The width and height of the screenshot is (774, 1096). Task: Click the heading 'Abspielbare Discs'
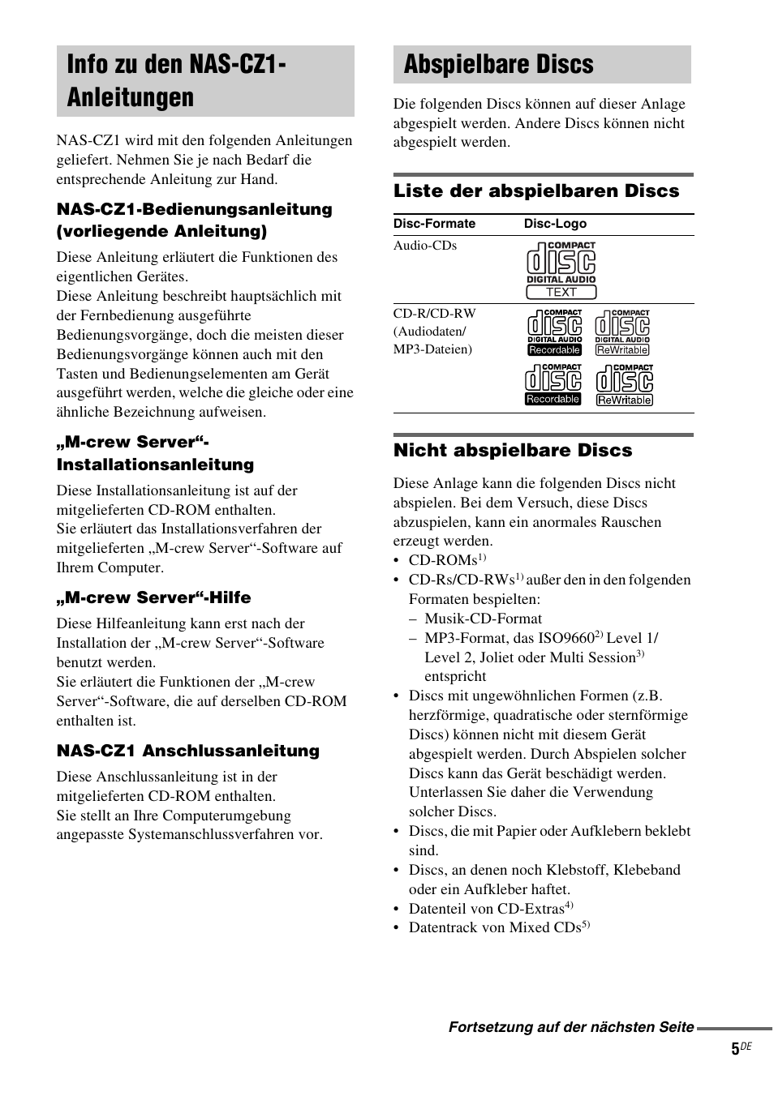point(498,65)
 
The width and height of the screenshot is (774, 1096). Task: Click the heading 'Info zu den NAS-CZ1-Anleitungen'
point(176,81)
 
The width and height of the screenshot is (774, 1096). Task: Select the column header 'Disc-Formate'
point(434,224)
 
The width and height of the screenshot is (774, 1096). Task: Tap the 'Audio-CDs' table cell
point(425,246)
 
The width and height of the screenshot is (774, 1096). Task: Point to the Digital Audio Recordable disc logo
point(554,332)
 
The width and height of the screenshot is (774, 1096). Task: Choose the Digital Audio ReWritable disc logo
point(622,332)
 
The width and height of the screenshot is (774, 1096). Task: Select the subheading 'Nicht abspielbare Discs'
point(512,450)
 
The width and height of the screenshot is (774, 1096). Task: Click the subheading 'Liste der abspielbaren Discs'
point(536,191)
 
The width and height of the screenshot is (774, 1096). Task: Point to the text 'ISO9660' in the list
point(567,638)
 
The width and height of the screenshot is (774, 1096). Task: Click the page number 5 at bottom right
point(735,1049)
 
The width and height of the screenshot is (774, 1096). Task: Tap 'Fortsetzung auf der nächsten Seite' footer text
point(571,1027)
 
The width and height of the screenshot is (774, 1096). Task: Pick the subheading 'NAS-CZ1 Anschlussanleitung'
point(187,751)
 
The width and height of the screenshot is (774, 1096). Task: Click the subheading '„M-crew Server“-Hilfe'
point(153,597)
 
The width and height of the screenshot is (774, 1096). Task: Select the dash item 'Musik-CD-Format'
point(483,619)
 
